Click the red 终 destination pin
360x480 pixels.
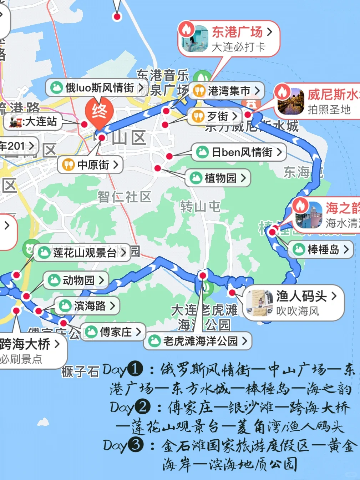(99, 112)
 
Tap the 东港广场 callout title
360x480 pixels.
(237, 32)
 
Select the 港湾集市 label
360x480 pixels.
(229, 91)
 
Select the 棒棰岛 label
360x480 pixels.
(323, 249)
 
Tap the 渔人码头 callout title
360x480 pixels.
(301, 296)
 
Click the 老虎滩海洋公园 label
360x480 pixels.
(200, 341)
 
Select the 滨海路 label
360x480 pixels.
(90, 305)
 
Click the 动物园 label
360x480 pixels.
(78, 280)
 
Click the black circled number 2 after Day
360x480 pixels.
(142, 407)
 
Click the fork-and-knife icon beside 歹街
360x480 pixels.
(198, 116)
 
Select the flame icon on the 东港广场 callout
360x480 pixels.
(187, 29)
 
